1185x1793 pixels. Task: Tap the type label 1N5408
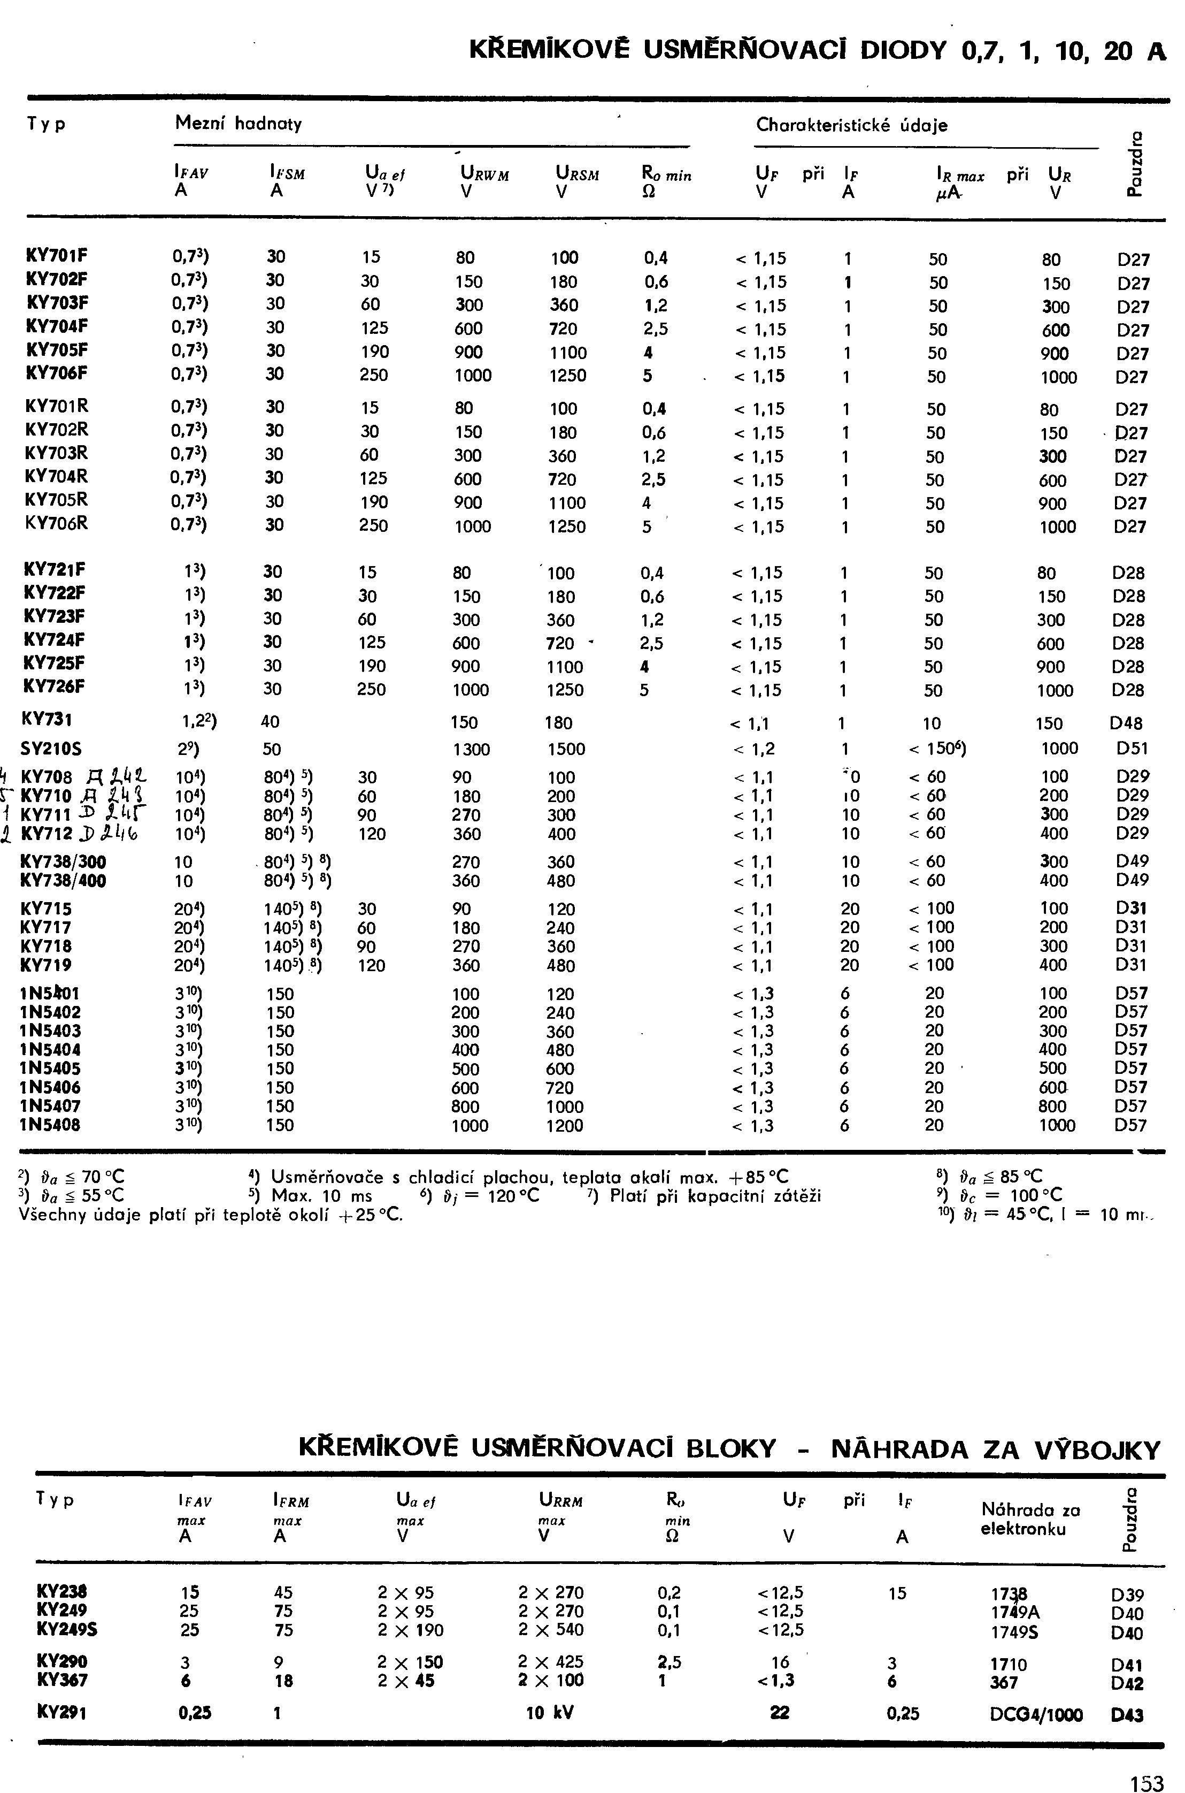pyautogui.click(x=51, y=1125)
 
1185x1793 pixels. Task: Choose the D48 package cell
pyautogui.click(x=1126, y=723)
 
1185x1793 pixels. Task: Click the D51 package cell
pyautogui.click(x=1132, y=749)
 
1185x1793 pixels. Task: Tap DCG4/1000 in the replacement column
pyautogui.click(x=1035, y=1714)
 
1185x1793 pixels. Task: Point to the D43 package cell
pyautogui.click(x=1127, y=1715)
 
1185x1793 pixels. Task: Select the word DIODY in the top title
pyautogui.click(x=904, y=51)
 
